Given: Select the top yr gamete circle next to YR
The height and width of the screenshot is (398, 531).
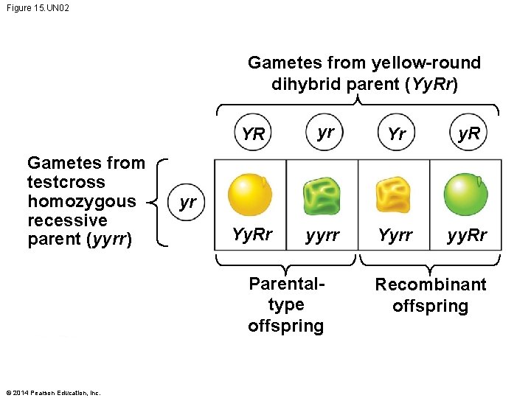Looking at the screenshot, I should tap(324, 133).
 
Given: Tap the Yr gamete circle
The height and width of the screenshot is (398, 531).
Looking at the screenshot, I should tap(396, 134).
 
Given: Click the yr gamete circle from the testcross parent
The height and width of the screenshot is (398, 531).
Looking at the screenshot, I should tap(188, 202).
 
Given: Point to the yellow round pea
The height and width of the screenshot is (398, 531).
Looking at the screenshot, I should tap(251, 194).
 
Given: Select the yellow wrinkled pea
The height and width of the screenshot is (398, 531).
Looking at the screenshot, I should tap(395, 195).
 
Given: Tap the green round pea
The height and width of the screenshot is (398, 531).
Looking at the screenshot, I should tap(466, 194).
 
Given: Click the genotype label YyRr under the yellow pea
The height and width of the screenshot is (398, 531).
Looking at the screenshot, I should tap(252, 235).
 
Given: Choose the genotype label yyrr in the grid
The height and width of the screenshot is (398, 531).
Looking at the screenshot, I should tap(323, 236).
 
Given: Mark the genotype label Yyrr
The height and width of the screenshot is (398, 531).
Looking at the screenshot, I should tap(395, 235).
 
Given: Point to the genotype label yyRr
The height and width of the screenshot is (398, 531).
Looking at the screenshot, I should tap(468, 235).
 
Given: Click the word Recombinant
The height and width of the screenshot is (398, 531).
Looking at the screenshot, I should tap(431, 284).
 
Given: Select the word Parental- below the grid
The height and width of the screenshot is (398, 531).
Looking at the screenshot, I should tap(287, 284).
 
